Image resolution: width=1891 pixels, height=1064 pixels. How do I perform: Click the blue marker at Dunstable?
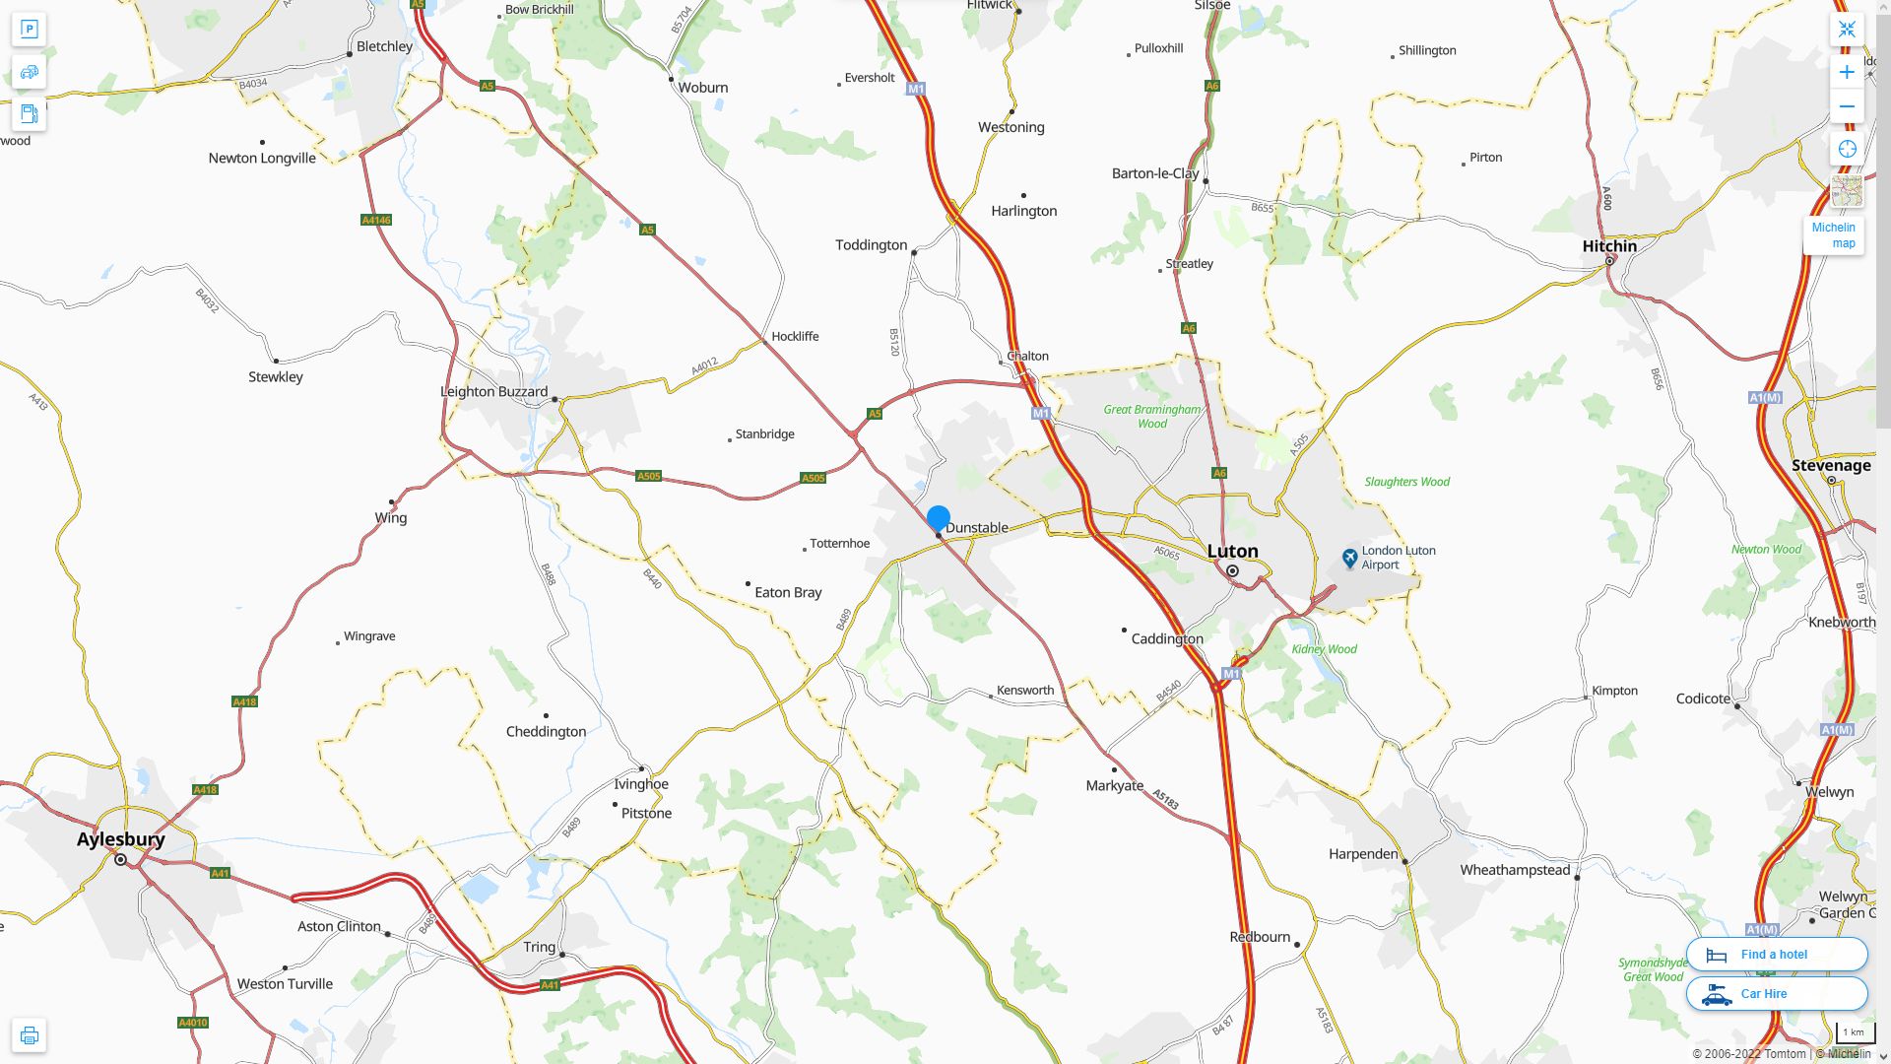pyautogui.click(x=938, y=518)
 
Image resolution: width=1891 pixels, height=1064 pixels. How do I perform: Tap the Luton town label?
pyautogui.click(x=1232, y=551)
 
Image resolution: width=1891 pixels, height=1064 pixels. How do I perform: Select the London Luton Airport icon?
pyautogui.click(x=1350, y=559)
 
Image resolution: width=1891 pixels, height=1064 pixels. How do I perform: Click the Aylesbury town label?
pyautogui.click(x=120, y=839)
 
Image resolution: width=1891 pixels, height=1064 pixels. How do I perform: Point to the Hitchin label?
pyautogui.click(x=1608, y=246)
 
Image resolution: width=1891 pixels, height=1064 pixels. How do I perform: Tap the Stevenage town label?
pyautogui.click(x=1830, y=466)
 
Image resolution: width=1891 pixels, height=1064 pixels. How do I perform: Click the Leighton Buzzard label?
pyautogui.click(x=493, y=392)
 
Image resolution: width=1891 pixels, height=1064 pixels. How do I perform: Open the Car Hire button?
pyautogui.click(x=1776, y=994)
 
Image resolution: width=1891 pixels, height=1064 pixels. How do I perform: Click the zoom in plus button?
pyautogui.click(x=1847, y=72)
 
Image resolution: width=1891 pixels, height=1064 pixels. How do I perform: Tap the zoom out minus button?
pyautogui.click(x=1847, y=106)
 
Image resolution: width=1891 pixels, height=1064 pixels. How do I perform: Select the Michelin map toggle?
pyautogui.click(x=1833, y=235)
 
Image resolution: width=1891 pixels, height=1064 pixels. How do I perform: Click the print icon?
pyautogui.click(x=30, y=1035)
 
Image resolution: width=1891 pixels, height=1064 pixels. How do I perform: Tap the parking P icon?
pyautogui.click(x=30, y=30)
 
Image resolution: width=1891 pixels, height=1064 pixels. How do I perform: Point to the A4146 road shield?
pyautogui.click(x=376, y=220)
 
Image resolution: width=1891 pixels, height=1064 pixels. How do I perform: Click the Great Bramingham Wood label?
pyautogui.click(x=1151, y=417)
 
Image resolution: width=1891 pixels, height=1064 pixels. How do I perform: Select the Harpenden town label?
pyautogui.click(x=1362, y=854)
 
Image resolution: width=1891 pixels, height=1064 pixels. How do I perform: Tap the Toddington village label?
pyautogui.click(x=871, y=245)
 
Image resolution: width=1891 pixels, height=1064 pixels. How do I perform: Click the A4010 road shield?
pyautogui.click(x=193, y=1023)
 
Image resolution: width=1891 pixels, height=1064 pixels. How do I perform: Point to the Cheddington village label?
pyautogui.click(x=546, y=732)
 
